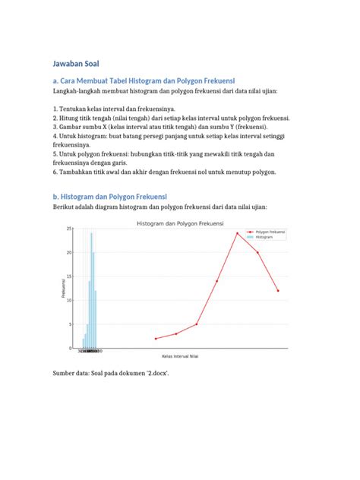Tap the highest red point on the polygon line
pyautogui.click(x=237, y=233)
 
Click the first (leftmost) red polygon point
pyautogui.click(x=156, y=339)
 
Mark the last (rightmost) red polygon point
pyautogui.click(x=278, y=290)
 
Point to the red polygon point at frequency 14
pyautogui.click(x=216, y=281)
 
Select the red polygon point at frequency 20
pyautogui.click(x=257, y=252)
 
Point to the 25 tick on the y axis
pyautogui.click(x=69, y=229)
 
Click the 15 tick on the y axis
pyautogui.click(x=69, y=276)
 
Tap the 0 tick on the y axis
pyautogui.click(x=71, y=349)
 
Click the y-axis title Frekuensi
pyautogui.click(x=62, y=289)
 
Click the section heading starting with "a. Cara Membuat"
pyautogui.click(x=144, y=80)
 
